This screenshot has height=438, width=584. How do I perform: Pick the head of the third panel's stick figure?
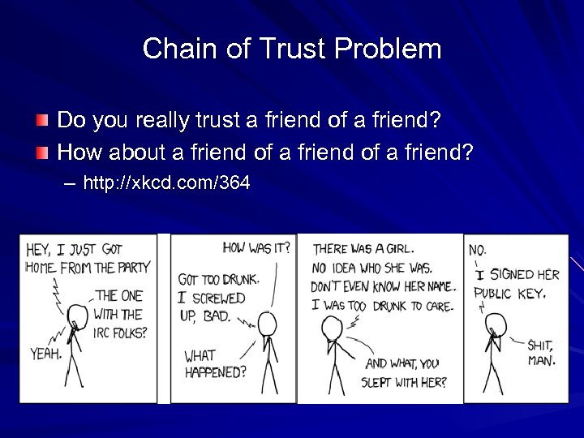pyautogui.click(x=332, y=325)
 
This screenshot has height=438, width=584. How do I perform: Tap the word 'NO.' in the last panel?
pyautogui.click(x=478, y=251)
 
